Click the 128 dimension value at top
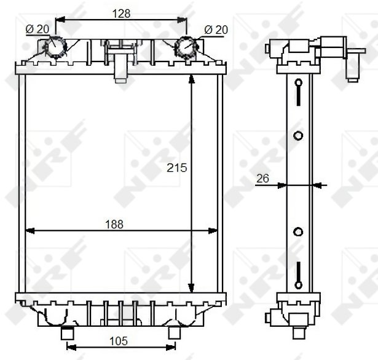point(121,14)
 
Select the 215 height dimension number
point(176,168)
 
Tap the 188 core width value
point(114,225)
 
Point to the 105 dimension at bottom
point(119,341)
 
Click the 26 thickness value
point(262,178)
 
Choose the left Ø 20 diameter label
point(37,29)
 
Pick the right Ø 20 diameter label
point(216,30)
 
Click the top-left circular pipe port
point(56,47)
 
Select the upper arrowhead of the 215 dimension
point(191,79)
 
